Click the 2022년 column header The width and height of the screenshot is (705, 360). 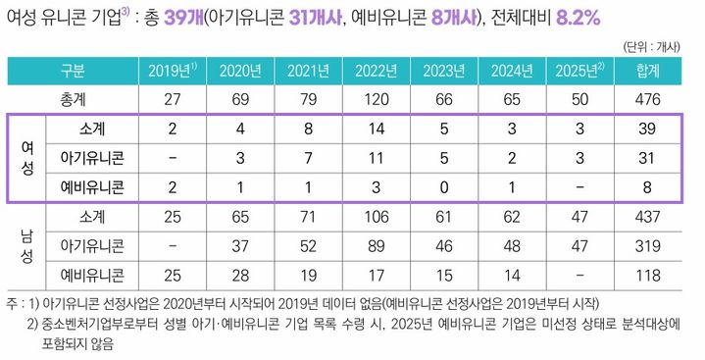click(376, 72)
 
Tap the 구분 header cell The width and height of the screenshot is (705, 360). click(74, 72)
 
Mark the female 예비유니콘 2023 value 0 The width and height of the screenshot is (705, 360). click(444, 186)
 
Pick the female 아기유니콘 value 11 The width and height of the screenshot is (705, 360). click(376, 158)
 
